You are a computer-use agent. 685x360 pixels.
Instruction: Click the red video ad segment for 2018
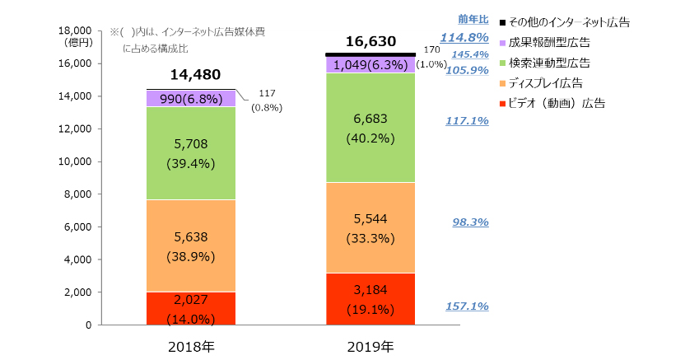click(191, 308)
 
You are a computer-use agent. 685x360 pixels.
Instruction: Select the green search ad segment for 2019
click(370, 128)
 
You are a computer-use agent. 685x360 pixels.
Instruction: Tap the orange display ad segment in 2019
click(370, 227)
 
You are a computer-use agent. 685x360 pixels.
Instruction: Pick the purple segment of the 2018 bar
click(191, 99)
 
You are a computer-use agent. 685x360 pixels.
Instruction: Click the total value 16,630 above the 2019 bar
click(370, 41)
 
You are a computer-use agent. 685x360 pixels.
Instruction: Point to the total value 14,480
click(191, 75)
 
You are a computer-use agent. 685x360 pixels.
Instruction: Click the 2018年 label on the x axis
click(191, 346)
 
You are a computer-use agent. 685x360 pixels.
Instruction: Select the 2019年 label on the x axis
click(370, 346)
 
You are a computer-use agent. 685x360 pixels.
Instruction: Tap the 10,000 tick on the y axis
click(73, 161)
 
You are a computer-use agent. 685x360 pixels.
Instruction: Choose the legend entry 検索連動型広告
click(551, 63)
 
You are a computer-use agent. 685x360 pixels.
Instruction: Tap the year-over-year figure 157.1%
click(467, 306)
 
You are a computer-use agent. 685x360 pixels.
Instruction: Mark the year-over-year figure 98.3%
click(471, 222)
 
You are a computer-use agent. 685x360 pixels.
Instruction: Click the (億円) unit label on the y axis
click(76, 41)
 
